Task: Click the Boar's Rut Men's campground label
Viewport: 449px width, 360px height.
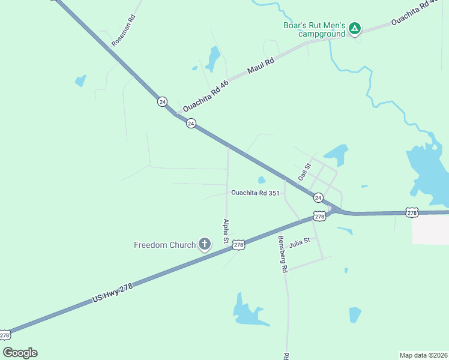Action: [x=315, y=29]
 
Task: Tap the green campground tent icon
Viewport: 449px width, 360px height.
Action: [x=355, y=28]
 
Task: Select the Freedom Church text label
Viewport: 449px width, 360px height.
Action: [x=164, y=245]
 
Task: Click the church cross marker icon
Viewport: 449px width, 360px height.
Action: [x=205, y=244]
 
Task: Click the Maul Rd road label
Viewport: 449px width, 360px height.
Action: [x=261, y=66]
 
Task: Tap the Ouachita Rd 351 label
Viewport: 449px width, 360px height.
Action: [x=255, y=193]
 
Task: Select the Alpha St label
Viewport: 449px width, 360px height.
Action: [x=226, y=230]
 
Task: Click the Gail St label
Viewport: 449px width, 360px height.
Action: [x=305, y=173]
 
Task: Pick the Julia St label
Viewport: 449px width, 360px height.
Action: [x=299, y=243]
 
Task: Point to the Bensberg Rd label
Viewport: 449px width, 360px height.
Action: [x=282, y=254]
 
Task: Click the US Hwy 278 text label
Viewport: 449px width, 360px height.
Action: [x=112, y=292]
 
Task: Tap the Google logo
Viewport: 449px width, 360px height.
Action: [x=20, y=353]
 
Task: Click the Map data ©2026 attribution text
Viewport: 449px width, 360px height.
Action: [x=423, y=355]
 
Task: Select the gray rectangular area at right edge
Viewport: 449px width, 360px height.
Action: [x=431, y=229]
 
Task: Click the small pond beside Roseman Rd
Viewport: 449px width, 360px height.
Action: [x=80, y=80]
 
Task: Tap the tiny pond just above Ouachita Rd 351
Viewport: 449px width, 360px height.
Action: [x=261, y=179]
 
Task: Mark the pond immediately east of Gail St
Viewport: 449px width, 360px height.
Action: [x=336, y=153]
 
